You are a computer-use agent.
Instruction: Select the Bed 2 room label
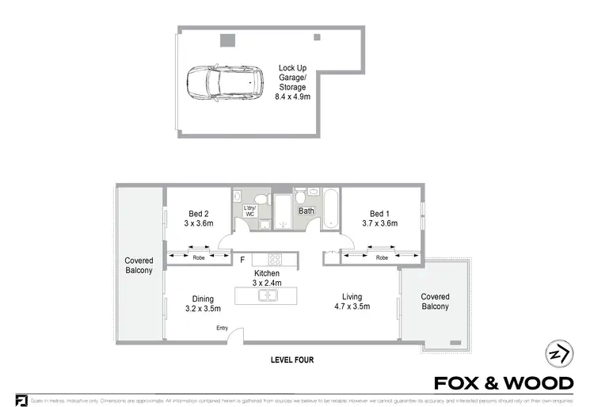[199, 214]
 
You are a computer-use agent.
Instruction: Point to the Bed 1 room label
[380, 214]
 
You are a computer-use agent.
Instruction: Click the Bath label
[306, 211]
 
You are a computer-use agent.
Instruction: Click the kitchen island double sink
[269, 296]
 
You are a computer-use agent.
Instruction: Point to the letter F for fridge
[242, 259]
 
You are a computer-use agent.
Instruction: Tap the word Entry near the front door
[222, 329]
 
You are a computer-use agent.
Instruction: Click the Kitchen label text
[268, 273]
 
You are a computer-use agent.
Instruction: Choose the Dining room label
[204, 299]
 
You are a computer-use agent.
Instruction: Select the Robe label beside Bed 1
[382, 257]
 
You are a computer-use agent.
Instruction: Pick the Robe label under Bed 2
[199, 257]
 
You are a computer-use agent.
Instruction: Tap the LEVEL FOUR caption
[293, 360]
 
